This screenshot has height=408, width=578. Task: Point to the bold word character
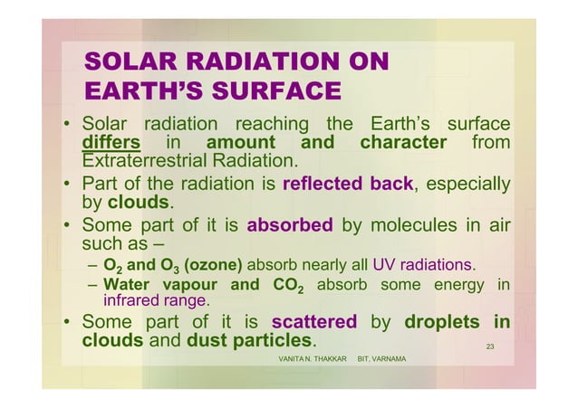pos(403,144)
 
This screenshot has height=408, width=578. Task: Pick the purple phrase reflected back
pos(348,186)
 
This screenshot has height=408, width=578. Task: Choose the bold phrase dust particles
pos(249,342)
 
